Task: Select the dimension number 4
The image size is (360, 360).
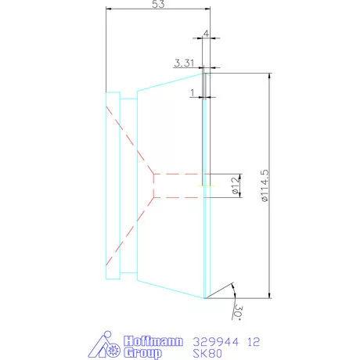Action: [x=205, y=34]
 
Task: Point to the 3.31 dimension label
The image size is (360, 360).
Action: [x=185, y=63]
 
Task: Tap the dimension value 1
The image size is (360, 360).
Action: [x=193, y=92]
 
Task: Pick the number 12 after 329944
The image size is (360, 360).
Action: [x=253, y=341]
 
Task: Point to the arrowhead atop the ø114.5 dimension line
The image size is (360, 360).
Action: [x=270, y=75]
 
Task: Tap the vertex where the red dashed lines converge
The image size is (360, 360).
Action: [x=155, y=185]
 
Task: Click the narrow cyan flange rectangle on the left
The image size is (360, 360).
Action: [x=112, y=185]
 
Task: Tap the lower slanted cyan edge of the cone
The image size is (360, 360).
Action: [x=170, y=290]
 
